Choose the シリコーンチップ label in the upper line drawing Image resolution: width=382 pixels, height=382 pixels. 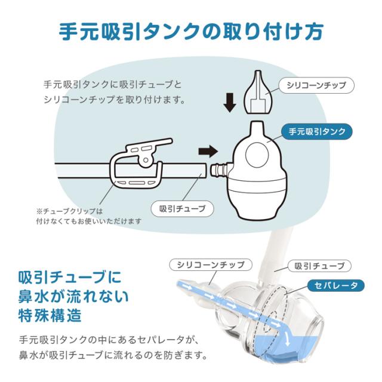tap(316, 85)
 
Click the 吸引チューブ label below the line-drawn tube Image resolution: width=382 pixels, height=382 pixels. tap(183, 208)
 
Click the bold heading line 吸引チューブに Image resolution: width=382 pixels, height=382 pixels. tap(70, 278)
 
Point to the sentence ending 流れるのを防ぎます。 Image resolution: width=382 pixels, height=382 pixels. tap(113, 358)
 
